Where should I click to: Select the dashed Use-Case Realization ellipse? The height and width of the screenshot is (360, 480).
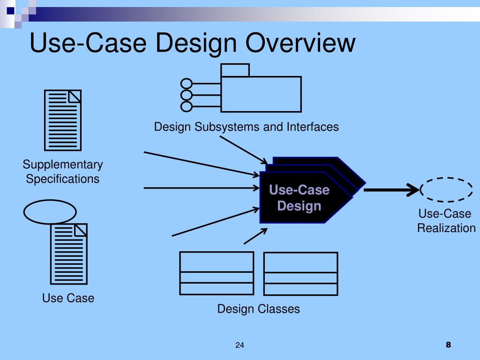[446, 189]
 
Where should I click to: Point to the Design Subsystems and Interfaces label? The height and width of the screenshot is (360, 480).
[247, 127]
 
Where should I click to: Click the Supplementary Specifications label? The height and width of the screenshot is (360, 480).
[63, 172]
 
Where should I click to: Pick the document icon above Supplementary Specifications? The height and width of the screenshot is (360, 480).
[63, 120]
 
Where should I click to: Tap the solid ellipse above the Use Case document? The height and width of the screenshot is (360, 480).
[50, 212]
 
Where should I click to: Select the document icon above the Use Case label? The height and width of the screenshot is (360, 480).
[69, 253]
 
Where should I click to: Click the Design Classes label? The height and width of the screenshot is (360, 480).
[258, 309]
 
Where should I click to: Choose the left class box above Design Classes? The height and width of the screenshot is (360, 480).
[217, 273]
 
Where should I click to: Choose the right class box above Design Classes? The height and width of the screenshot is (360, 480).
[300, 274]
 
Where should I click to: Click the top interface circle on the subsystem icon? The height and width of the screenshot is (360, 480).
[187, 84]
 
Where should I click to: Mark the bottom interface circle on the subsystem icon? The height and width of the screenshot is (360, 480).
[187, 106]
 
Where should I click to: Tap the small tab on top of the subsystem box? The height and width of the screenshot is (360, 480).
[235, 70]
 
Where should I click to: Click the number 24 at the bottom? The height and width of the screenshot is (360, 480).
[240, 345]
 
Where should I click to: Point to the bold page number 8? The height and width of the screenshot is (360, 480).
[448, 345]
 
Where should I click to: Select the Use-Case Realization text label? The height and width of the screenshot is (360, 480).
[446, 221]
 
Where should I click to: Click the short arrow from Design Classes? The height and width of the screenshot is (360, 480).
[255, 236]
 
